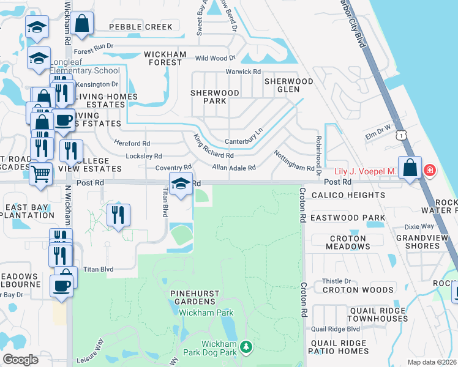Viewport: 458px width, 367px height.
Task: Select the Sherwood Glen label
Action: (288, 85)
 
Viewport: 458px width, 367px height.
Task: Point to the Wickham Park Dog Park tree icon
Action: (246, 347)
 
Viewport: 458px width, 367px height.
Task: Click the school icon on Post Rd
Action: (180, 183)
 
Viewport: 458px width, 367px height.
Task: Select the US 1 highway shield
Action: (400, 134)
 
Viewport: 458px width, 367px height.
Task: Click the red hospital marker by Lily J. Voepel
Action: (429, 170)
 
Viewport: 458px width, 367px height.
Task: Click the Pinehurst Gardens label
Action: (195, 298)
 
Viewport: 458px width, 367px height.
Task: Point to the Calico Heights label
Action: (348, 195)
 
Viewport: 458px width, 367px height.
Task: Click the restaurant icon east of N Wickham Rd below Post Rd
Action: (118, 215)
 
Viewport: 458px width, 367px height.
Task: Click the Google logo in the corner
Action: (20, 359)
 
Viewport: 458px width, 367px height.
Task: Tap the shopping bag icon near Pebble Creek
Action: (81, 24)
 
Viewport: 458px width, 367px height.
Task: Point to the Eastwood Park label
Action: (348, 218)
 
